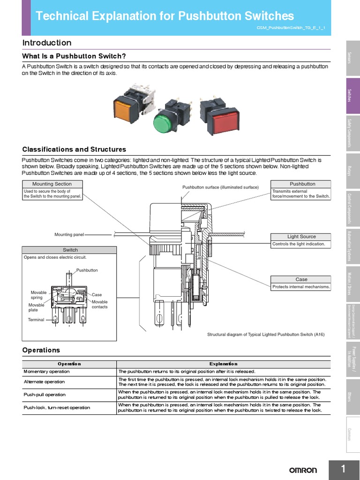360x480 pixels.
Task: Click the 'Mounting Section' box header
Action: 52,184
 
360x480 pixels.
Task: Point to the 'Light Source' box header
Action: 301,237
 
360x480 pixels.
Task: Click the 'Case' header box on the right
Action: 301,279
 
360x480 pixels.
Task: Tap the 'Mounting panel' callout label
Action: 69,234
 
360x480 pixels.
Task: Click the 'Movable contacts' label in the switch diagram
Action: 99,304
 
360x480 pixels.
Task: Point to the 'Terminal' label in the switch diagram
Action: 36,320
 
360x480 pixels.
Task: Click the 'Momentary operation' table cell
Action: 46,371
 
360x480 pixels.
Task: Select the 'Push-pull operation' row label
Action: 45,395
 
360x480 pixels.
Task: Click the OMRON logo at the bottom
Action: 302,470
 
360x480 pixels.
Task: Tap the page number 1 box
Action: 344,469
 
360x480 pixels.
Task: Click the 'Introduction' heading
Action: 47,43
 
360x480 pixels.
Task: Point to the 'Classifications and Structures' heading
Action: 74,150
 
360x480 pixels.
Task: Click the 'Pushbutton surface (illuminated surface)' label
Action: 220,187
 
